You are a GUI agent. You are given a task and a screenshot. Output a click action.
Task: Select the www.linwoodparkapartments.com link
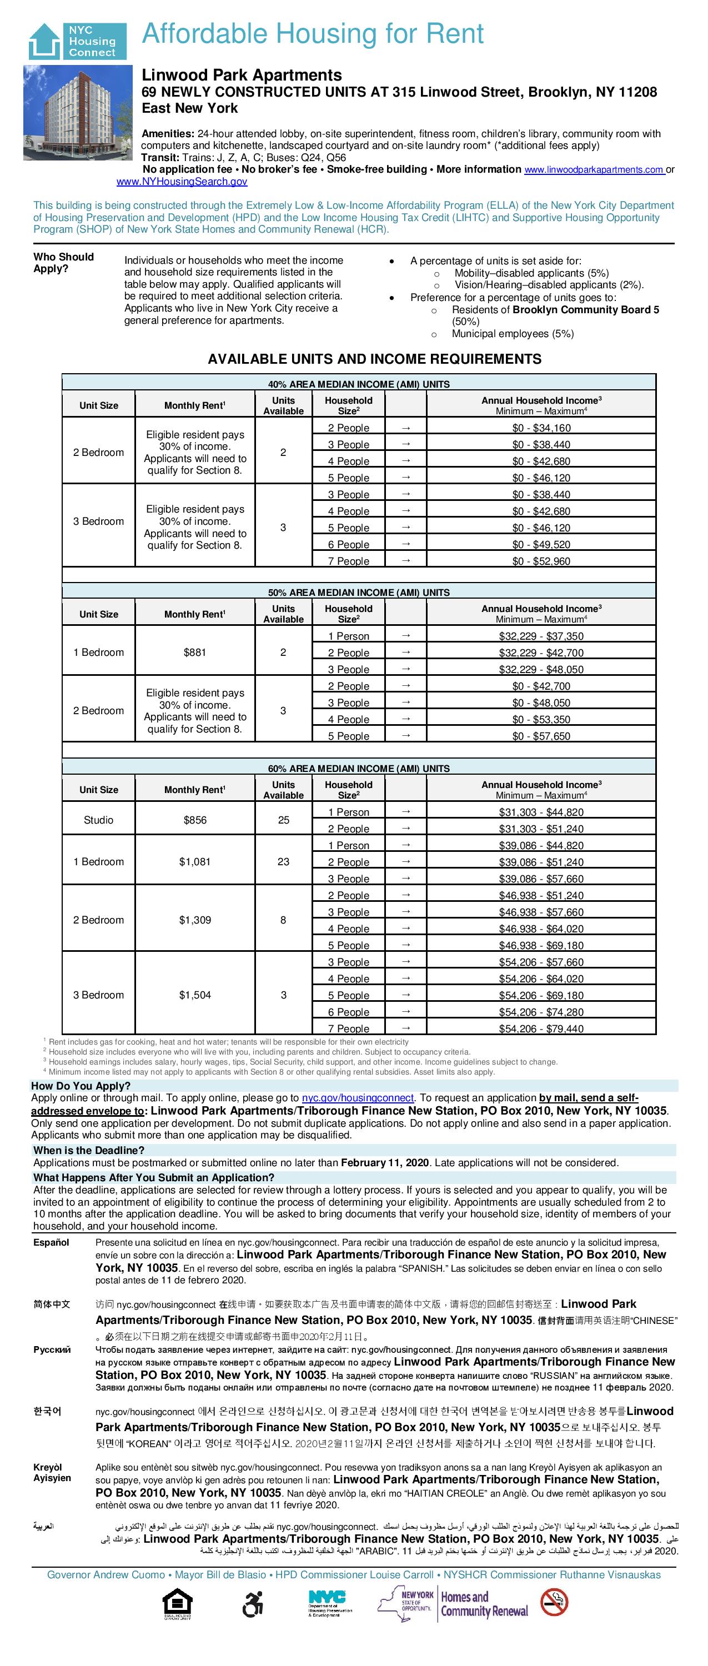[x=594, y=169]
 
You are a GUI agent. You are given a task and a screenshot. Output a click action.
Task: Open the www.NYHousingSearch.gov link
[x=182, y=182]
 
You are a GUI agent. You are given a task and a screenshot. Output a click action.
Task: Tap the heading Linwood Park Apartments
[x=242, y=75]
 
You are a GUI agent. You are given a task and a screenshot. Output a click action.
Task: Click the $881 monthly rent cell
[x=194, y=653]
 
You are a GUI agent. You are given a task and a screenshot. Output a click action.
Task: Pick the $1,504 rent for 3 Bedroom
[x=194, y=995]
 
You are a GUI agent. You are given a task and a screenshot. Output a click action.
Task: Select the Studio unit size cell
[x=98, y=820]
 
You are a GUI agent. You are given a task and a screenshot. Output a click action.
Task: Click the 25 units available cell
[x=283, y=820]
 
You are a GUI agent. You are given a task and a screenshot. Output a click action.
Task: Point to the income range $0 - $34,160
[x=541, y=428]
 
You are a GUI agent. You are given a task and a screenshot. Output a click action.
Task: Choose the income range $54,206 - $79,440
[x=541, y=1028]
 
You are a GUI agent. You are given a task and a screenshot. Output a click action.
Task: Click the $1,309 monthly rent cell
[x=194, y=920]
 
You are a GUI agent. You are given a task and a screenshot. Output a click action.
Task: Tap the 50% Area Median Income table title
[x=359, y=593]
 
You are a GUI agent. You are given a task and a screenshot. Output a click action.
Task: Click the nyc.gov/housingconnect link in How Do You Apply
[x=358, y=1097]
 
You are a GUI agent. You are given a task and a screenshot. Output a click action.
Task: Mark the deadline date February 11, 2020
[x=385, y=1162]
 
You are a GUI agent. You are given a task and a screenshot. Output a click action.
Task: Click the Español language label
[x=51, y=1242]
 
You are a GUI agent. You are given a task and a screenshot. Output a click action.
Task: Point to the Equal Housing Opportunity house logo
[x=178, y=1604]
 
